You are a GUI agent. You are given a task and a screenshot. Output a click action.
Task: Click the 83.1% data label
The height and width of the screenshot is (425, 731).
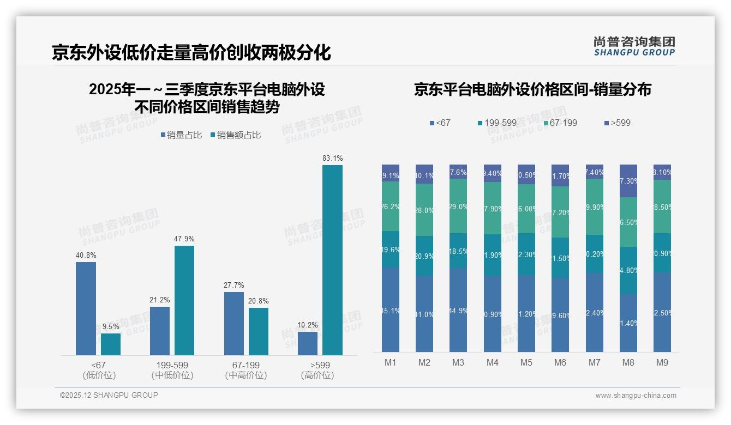coord(333,158)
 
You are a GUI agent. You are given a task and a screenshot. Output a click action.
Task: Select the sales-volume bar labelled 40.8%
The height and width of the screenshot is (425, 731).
coord(86,308)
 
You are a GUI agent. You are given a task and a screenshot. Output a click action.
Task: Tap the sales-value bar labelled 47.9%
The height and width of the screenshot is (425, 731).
coord(184,300)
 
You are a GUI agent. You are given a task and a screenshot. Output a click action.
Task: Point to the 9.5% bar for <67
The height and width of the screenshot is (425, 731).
coord(111,344)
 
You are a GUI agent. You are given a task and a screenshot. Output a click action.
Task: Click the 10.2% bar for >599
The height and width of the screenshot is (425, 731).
coord(308,343)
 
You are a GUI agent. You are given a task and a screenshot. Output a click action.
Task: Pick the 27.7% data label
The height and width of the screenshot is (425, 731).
coord(234,285)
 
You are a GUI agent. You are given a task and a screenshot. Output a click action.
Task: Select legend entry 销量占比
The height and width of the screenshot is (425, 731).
coord(183,135)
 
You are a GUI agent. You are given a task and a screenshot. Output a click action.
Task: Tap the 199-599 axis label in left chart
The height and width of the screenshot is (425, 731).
coord(172,365)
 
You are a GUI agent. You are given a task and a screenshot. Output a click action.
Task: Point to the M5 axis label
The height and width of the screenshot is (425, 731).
coord(526,362)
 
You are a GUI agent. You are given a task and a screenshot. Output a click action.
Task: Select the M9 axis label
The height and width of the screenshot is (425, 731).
coord(662,362)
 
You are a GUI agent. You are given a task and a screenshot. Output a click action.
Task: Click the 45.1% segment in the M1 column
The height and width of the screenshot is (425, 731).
coord(391,309)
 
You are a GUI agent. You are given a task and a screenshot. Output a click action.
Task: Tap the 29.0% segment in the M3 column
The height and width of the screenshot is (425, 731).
coord(458,207)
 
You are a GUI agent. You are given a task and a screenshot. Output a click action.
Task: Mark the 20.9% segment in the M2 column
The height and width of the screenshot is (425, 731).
coord(424,256)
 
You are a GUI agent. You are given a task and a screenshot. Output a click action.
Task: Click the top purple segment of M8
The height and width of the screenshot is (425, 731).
coord(628,180)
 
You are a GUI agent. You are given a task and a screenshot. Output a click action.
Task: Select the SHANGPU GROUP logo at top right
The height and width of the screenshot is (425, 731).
coord(634,46)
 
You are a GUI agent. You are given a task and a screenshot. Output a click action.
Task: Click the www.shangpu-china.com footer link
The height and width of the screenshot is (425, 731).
coord(636,396)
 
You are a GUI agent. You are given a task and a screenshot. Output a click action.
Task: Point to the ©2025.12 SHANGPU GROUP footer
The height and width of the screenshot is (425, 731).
coord(109,395)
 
